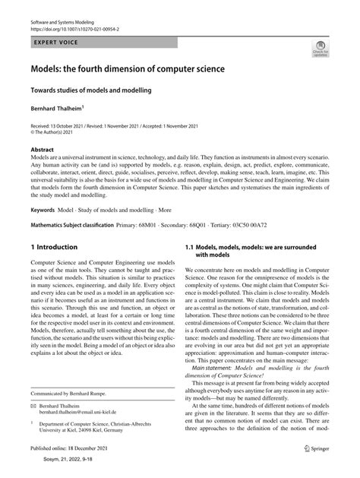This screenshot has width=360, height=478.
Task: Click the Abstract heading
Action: pyautogui.click(x=43, y=150)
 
